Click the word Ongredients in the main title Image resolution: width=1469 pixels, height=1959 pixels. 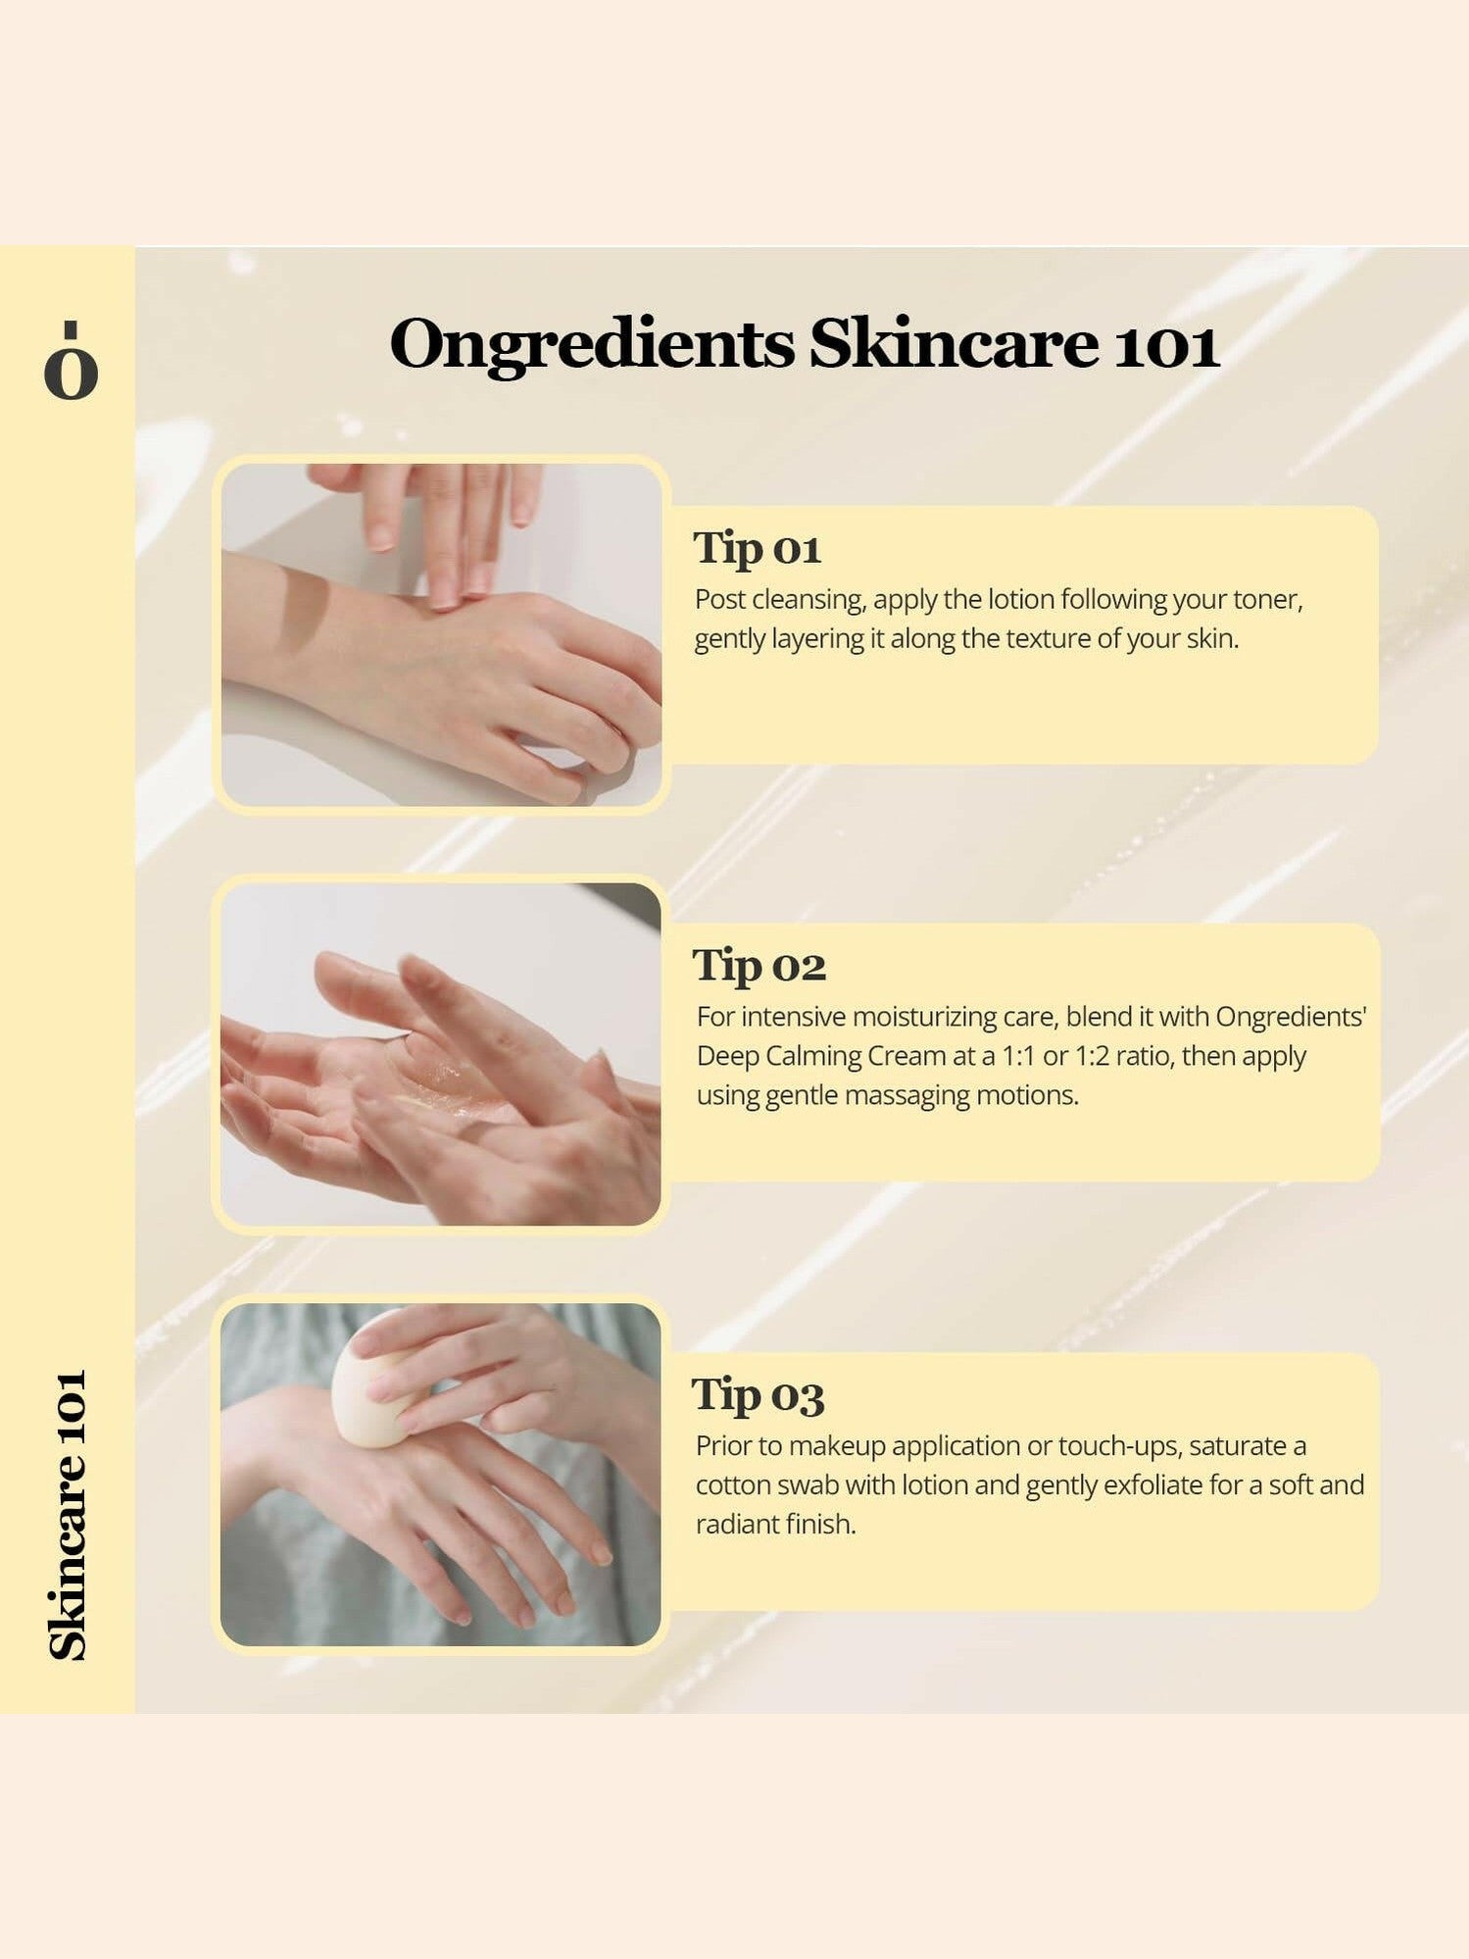[591, 345]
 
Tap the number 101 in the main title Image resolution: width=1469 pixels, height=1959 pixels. [1166, 345]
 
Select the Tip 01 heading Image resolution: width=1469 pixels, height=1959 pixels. [757, 548]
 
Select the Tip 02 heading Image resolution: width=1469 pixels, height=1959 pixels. [759, 966]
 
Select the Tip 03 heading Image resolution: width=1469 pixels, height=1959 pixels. [758, 1394]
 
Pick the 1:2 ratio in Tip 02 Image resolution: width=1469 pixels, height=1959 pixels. [1091, 1056]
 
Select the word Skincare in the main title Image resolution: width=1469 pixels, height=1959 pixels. [953, 345]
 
